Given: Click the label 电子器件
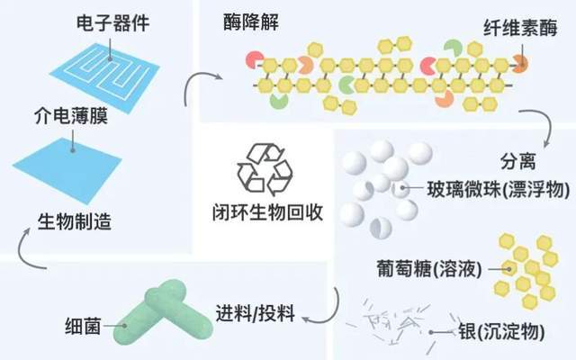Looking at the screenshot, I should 103,18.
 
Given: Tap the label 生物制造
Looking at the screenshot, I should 75,222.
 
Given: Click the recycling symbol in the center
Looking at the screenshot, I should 264,166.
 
